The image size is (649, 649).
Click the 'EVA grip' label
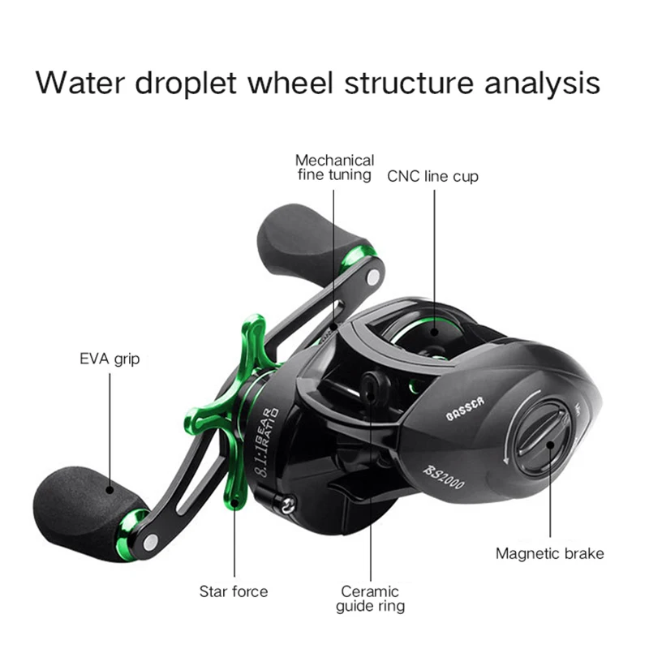(x=110, y=359)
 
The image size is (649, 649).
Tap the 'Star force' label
(x=234, y=591)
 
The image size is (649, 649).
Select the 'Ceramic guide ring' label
(x=370, y=599)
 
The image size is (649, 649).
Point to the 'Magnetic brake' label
(x=550, y=553)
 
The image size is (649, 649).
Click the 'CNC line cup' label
(x=433, y=176)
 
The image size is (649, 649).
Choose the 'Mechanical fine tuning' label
(x=334, y=168)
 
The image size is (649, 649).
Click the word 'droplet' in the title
(x=186, y=84)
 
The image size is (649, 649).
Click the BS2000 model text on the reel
(x=444, y=477)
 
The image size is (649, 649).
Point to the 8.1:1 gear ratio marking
(x=268, y=442)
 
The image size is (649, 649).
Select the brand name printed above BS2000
(x=465, y=409)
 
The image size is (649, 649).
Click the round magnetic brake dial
(x=543, y=438)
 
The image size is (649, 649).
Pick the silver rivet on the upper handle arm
(x=373, y=277)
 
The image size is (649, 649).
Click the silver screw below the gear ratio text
(x=287, y=503)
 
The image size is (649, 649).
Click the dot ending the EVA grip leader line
(x=110, y=490)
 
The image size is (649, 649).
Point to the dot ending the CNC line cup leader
(x=434, y=332)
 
